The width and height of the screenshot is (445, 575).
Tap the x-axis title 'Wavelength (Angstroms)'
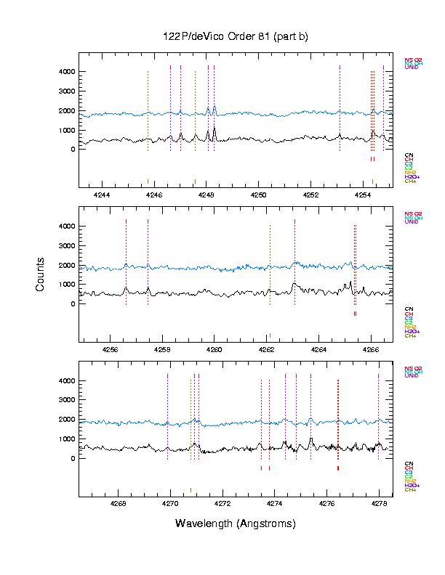(x=236, y=523)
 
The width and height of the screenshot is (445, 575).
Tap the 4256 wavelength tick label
(x=110, y=349)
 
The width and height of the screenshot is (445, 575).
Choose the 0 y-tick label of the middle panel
(x=73, y=304)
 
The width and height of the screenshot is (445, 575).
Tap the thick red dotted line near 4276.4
(x=338, y=421)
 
